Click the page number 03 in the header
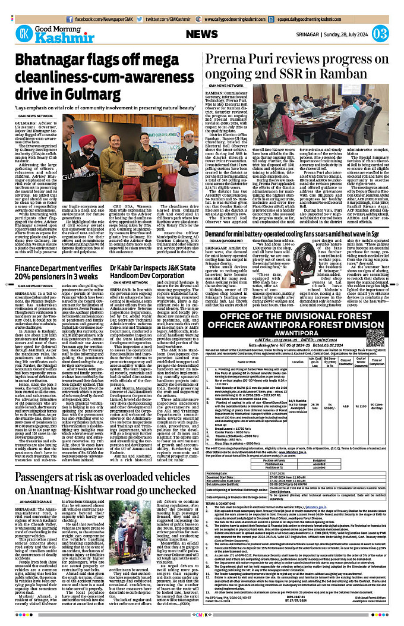380,33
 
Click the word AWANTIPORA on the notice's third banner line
296,325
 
